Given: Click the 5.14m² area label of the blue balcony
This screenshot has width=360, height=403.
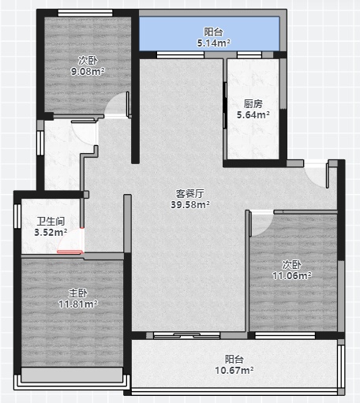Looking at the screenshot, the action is pos(214,43).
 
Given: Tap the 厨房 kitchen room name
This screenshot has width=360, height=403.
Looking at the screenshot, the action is pos(253,104).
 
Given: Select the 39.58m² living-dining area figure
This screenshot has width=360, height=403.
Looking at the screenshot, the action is pos(190,204).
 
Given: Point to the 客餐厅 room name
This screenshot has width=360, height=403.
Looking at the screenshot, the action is pos(189,194).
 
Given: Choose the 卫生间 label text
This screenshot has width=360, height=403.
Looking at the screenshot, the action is pos(51,222).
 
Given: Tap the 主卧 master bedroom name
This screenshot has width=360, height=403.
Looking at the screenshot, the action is pos(78,293).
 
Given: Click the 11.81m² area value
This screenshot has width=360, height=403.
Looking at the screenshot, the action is pos(78,304).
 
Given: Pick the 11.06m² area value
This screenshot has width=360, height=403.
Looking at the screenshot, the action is pos(292,276).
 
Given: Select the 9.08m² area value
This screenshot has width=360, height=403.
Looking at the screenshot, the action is pos(88,71).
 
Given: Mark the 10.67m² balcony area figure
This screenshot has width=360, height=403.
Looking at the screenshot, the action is pos(234,371).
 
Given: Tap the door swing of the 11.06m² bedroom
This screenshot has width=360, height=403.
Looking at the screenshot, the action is pos(261,223).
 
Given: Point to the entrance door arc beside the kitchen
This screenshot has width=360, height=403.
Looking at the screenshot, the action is pos(316,176).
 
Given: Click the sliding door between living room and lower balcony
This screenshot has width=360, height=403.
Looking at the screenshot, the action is pos(187,335).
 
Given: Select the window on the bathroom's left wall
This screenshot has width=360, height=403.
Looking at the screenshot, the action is pos(17,216).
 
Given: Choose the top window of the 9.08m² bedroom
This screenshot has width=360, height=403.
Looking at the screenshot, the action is pos(85,13).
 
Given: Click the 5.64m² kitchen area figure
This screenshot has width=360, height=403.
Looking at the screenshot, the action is pos(253,115).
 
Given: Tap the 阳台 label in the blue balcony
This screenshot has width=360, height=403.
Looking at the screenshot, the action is pos(213,32).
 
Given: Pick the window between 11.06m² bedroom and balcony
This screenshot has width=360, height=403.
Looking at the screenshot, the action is pos(285,335).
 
